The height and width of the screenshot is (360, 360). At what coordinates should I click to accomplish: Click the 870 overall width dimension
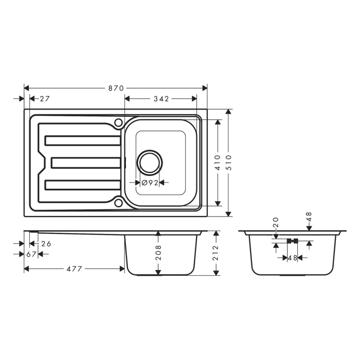pos(116,88)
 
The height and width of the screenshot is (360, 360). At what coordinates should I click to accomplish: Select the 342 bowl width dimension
pos(161,99)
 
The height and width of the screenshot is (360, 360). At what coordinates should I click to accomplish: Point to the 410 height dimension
pos(218,163)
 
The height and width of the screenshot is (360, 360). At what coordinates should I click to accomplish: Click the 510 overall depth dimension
pos(230,163)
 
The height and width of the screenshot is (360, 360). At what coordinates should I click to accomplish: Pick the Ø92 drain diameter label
pos(149,183)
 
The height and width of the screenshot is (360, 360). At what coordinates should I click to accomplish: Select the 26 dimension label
pos(46,244)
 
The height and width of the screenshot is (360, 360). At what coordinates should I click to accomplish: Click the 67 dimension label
pos(31,254)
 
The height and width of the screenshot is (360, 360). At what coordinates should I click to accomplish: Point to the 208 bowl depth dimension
pos(159,253)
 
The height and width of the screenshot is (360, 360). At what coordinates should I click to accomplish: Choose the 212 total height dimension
pos(217,253)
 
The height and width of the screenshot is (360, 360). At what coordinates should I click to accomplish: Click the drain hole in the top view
pos(149,162)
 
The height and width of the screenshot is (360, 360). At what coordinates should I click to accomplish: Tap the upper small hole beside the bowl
pos(118,122)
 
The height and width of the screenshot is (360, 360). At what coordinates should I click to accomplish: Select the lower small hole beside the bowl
pos(118,203)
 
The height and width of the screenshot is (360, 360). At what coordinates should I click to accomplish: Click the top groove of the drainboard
pos(83,140)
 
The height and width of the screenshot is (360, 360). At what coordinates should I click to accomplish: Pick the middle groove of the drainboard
pos(86,163)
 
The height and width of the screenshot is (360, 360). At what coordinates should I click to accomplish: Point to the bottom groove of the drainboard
pos(83,184)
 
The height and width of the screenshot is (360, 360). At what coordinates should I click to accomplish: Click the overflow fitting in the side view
pos(292,240)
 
